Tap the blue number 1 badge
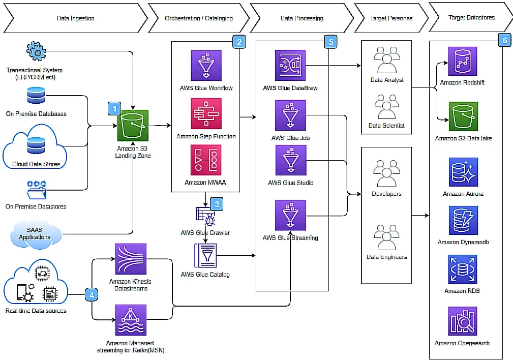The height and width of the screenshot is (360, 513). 114,108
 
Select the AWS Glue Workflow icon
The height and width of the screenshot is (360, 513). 206,65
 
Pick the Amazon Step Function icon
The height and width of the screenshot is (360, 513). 206,113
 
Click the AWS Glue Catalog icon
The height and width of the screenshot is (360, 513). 205,256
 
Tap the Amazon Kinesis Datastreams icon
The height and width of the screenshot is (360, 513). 131,259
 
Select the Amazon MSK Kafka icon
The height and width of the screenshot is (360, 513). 131,320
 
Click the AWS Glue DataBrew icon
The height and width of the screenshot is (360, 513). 290,65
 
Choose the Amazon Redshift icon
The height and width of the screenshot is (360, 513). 463,62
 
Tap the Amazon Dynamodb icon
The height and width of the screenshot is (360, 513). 463,220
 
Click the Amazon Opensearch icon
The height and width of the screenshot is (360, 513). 463,321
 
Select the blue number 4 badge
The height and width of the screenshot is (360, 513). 92,294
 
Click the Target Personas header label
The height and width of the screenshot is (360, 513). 387,18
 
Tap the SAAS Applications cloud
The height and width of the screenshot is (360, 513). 35,234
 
